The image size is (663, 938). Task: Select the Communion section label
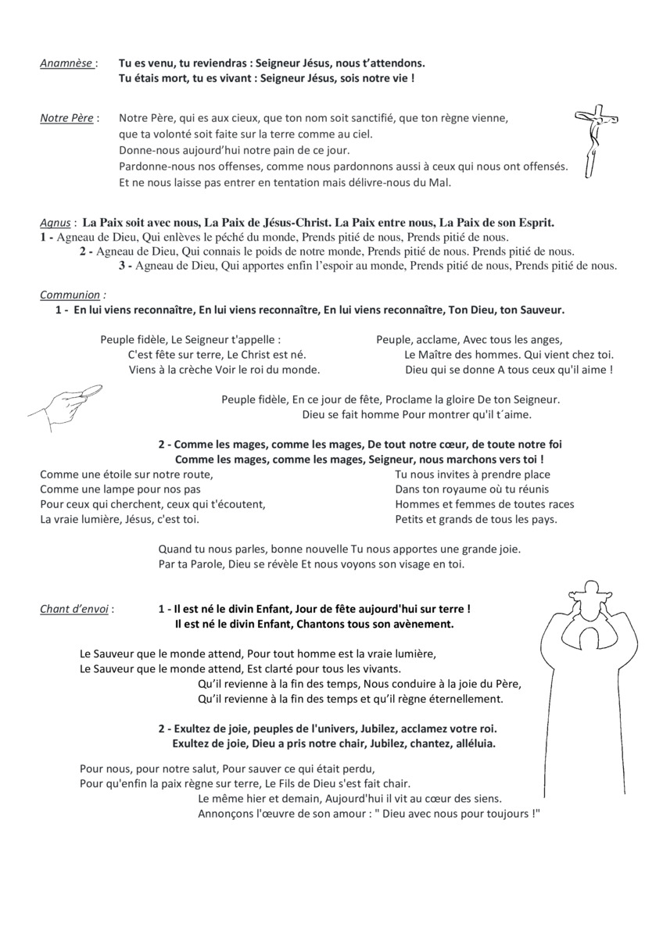70,295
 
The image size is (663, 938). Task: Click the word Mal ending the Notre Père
440,183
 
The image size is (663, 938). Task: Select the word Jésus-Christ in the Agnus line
289,223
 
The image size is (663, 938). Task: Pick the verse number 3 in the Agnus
123,266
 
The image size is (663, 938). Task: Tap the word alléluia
470,743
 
